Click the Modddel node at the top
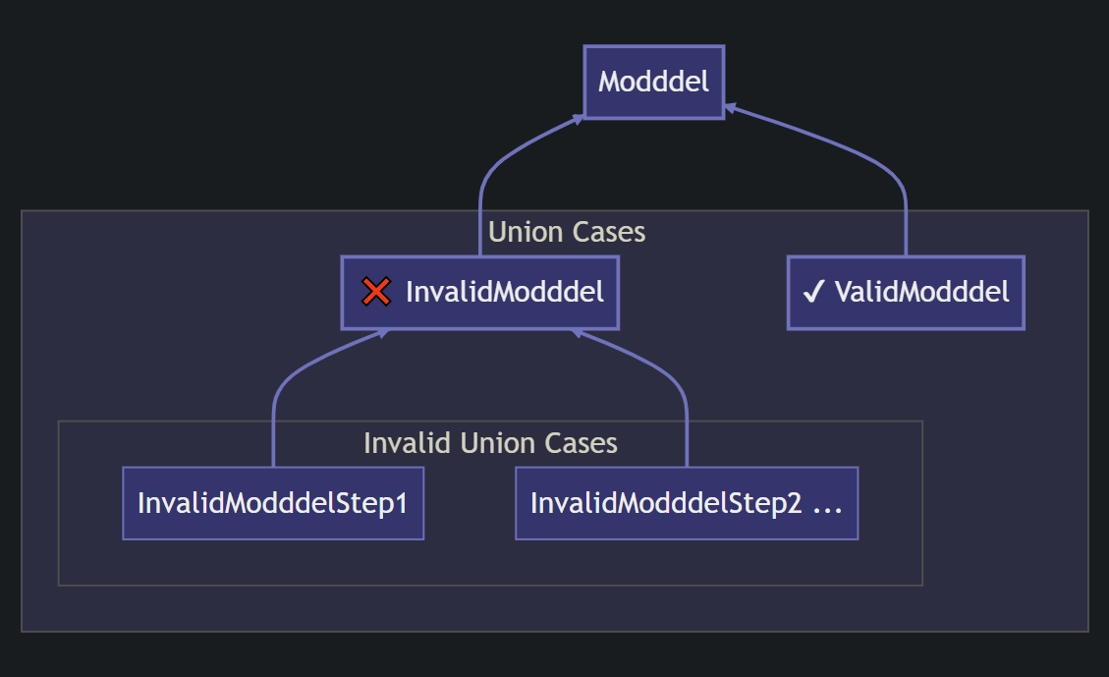(x=653, y=82)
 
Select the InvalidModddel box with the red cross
(x=479, y=292)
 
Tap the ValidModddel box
(x=905, y=292)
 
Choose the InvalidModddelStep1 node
(x=273, y=503)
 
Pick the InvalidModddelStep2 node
(x=686, y=503)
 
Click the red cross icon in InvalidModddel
(x=375, y=292)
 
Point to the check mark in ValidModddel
(x=812, y=292)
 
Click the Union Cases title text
(x=567, y=232)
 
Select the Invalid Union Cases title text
(x=490, y=443)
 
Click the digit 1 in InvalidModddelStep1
(x=400, y=503)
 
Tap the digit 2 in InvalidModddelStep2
(x=795, y=503)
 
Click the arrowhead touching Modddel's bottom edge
(x=580, y=118)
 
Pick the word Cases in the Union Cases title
(x=609, y=232)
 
